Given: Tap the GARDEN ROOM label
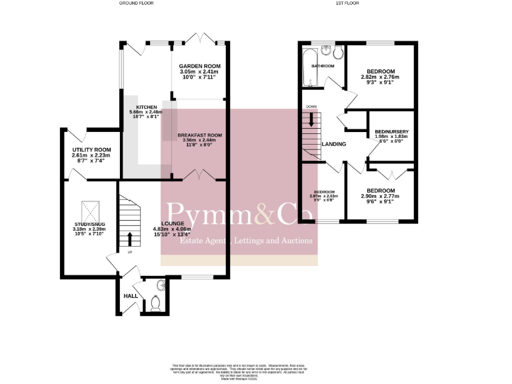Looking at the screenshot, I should coord(199,67).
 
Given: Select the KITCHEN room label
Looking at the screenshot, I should coord(146,107).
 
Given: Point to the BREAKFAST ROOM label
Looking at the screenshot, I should coord(199,135).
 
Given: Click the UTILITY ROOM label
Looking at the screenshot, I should coord(91,150).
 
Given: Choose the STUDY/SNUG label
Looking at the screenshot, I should coord(87,224).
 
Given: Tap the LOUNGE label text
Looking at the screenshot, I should coord(172,224).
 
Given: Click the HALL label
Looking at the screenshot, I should coord(130,296).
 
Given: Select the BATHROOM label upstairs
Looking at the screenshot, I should coord(323,67).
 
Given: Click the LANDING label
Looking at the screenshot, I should coord(333,144).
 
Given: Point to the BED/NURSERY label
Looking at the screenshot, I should coord(391,132).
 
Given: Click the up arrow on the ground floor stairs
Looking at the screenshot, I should coord(129,238).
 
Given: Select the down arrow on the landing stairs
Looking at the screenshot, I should coord(311,120).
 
